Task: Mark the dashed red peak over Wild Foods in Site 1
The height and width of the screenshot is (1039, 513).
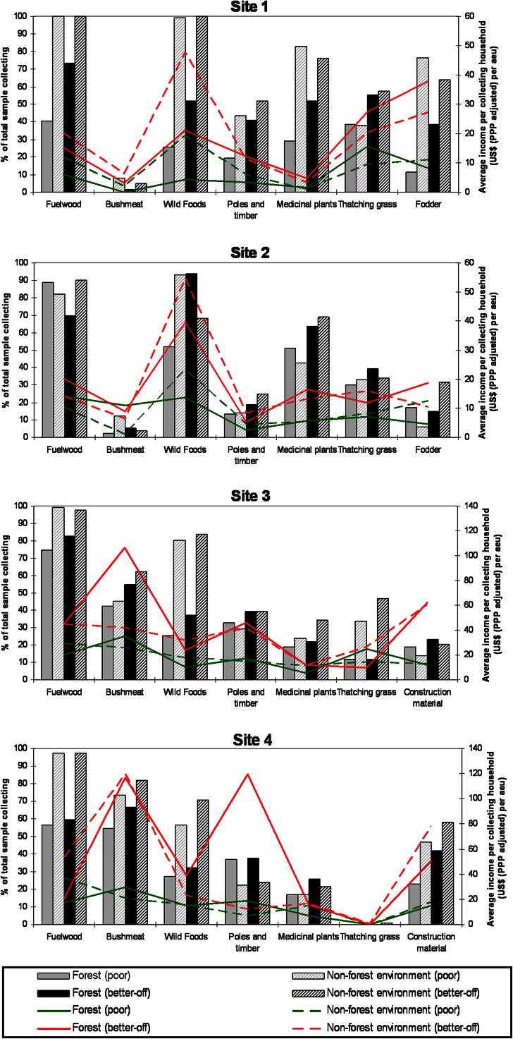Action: [x=185, y=51]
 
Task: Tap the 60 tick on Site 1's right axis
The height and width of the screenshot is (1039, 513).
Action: [x=464, y=16]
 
